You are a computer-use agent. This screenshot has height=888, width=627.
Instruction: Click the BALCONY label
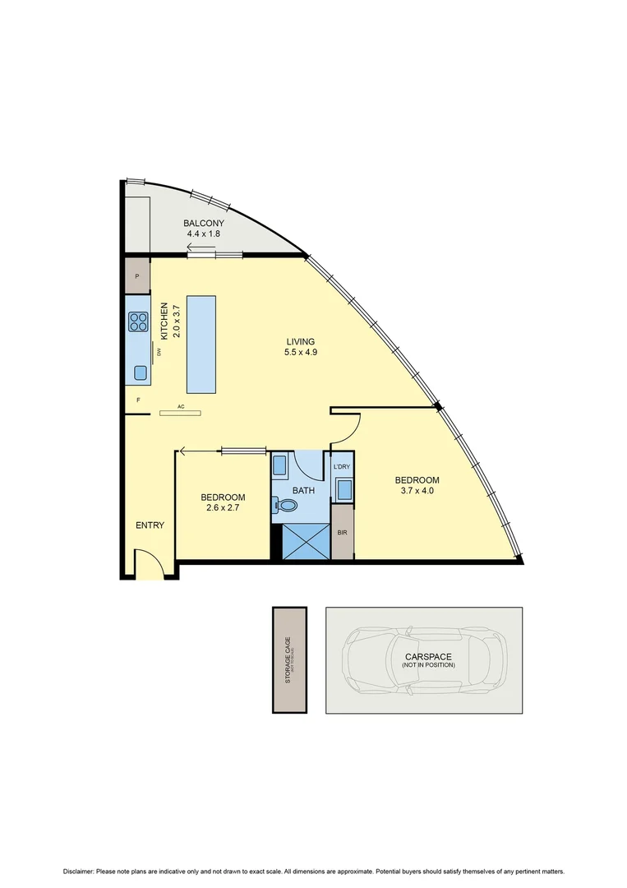pos(204,223)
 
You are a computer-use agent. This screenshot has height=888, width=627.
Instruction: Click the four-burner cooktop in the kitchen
pos(137,322)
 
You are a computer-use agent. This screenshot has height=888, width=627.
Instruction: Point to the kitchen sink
pos(140,371)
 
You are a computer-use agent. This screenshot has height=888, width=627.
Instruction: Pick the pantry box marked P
pos(137,276)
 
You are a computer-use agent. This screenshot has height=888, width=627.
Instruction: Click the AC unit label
pos(180,405)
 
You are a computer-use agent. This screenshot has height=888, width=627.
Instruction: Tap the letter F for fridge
pos(138,400)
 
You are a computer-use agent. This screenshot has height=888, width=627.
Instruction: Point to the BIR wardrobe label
pos(342,533)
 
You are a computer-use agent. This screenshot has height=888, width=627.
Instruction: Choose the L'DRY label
pos(342,466)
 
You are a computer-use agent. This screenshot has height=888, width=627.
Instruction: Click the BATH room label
pos(304,490)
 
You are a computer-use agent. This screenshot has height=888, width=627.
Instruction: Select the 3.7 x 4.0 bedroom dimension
pos(417,492)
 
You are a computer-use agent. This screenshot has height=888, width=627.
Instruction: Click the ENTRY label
pos(150,525)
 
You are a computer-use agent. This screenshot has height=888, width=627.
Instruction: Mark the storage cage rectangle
pos(289,660)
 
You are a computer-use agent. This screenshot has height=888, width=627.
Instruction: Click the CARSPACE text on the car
pos(428,656)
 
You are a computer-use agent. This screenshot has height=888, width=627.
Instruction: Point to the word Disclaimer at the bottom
pos(78,871)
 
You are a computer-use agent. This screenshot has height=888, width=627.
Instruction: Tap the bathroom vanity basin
pos(279,467)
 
